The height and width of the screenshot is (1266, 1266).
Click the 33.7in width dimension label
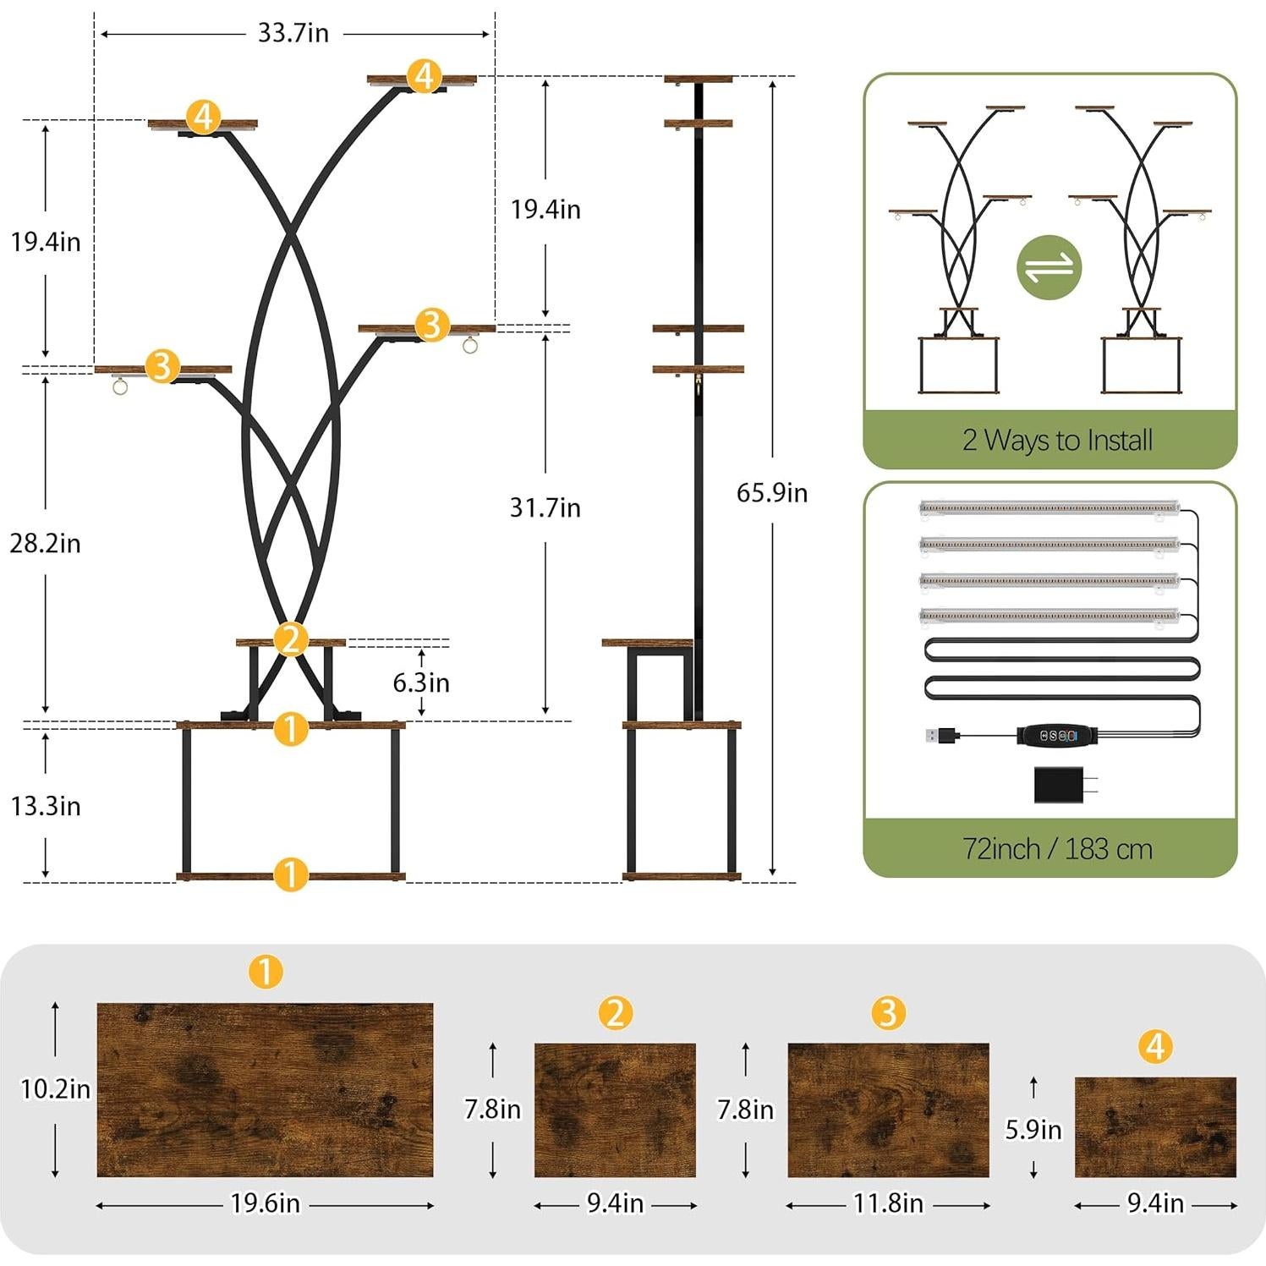293,33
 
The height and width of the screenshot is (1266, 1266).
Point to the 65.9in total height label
771,492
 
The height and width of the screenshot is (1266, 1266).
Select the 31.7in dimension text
545,507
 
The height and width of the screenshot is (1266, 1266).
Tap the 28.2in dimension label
45,543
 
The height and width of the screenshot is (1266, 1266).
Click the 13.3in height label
45,806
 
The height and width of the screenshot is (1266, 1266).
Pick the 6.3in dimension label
420,682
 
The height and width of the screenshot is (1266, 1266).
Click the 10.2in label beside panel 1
55,1088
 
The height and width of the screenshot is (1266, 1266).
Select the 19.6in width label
265,1203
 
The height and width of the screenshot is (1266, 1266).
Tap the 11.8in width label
887,1203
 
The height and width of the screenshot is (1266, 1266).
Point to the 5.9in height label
1033,1129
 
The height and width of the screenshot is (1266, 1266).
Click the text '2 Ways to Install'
1057,440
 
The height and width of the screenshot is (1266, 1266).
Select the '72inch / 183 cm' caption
1057,848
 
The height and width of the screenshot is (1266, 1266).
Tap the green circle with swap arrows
1049,267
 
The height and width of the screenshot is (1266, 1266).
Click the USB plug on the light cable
941,735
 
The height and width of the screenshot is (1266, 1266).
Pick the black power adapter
1061,784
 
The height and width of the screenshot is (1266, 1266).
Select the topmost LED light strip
1049,508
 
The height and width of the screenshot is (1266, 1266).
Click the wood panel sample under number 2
615,1110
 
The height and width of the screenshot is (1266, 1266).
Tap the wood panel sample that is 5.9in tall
1155,1126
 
